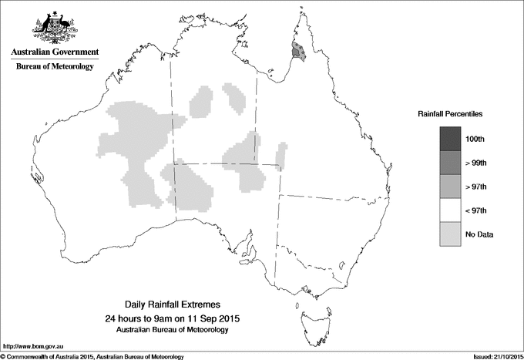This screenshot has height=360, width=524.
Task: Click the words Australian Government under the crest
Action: click(54, 52)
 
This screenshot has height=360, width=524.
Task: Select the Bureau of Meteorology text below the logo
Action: click(54, 67)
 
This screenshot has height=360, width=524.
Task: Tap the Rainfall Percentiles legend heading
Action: click(450, 113)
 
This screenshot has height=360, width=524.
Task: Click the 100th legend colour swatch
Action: click(451, 138)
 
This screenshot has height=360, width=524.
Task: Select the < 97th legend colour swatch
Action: click(451, 210)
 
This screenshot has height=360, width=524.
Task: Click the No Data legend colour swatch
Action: click(451, 234)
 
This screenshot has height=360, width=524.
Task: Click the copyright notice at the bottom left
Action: click(92, 356)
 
